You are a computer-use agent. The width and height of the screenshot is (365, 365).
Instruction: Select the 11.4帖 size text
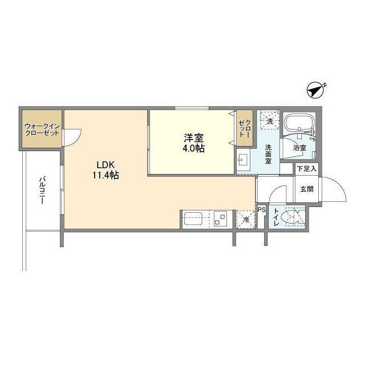click(106, 176)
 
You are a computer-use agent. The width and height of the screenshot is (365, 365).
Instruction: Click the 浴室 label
click(299, 148)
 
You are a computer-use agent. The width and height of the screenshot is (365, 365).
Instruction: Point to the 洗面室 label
click(269, 154)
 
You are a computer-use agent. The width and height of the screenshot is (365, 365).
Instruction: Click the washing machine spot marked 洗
click(269, 120)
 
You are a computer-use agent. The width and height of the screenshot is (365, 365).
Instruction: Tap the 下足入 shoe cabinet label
click(306, 168)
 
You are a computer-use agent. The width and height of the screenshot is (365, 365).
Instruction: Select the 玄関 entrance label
click(306, 189)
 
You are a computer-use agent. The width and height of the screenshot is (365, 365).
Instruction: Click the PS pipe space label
click(261, 210)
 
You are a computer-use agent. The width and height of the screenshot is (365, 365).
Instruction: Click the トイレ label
click(276, 218)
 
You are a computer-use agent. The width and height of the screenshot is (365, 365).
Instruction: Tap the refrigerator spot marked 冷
click(246, 219)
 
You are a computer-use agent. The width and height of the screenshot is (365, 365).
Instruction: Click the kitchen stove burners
click(221, 219)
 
